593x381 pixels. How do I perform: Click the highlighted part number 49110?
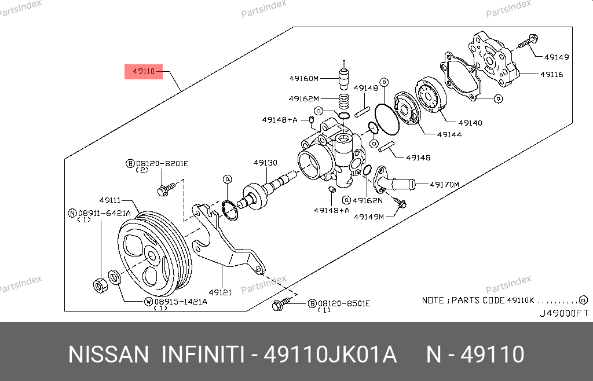[x=143, y=72]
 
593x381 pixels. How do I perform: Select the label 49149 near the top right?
[x=556, y=57]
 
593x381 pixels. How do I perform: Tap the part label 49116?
[x=551, y=74]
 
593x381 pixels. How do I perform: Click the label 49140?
[x=470, y=123]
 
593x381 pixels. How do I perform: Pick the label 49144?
[x=449, y=134]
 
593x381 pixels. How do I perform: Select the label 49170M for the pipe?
[x=444, y=185]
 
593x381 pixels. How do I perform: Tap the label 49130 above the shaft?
[x=266, y=163]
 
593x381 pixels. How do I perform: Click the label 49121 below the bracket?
[x=220, y=292]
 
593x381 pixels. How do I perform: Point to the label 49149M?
[x=369, y=217]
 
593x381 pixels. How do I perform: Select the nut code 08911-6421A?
[x=104, y=213]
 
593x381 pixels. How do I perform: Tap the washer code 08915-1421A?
[x=180, y=302]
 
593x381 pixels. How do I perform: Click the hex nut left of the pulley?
[x=99, y=285]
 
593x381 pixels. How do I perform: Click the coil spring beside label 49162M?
[x=343, y=102]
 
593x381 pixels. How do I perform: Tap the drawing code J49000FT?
[x=563, y=313]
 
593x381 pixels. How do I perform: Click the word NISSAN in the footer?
[x=108, y=354]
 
